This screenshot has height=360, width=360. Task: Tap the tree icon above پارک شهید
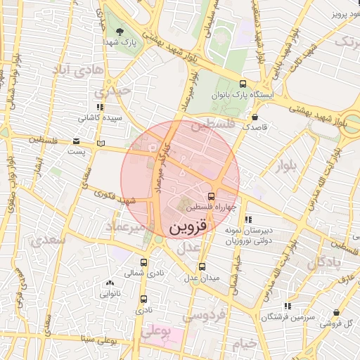[x=120, y=31]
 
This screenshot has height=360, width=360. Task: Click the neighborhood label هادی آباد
[x=78, y=70]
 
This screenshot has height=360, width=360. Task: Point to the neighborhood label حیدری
[x=113, y=91]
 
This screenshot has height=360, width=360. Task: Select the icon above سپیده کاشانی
[x=101, y=107]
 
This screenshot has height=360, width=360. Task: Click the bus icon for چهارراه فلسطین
[x=212, y=196]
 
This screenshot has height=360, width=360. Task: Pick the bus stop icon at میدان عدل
[x=202, y=266]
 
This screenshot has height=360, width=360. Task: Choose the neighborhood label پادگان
[x=326, y=263]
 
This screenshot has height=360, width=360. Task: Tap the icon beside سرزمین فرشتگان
[x=287, y=306]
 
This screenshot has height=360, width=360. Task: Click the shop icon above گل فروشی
[x=337, y=312]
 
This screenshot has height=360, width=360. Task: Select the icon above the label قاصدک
[x=254, y=117]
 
